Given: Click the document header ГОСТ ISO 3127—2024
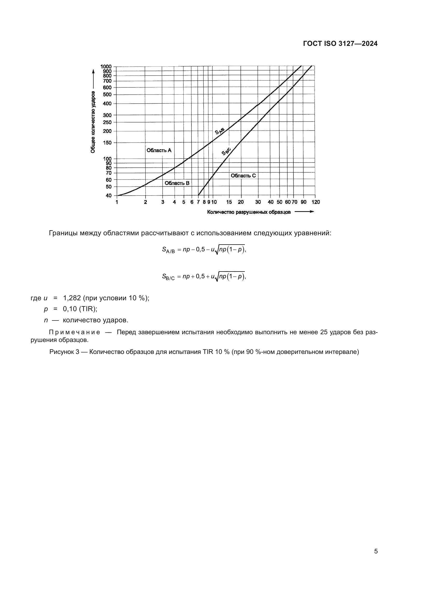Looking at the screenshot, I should (x=340, y=44).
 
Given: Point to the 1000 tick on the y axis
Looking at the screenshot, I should (x=106, y=66).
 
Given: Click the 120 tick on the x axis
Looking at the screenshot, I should (x=315, y=202).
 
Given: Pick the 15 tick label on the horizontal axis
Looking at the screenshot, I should (x=229, y=202).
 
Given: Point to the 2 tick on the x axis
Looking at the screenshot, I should (x=145, y=202).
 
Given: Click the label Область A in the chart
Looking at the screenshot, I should (x=159, y=150).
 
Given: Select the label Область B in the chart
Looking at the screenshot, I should (x=177, y=183).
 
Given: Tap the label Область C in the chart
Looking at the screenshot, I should (x=243, y=175).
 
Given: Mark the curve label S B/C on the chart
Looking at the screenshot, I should (x=226, y=152).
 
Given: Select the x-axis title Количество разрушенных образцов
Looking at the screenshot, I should (x=249, y=212).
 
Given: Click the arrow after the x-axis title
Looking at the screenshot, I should (x=304, y=212).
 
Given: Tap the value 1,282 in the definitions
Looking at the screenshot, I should (x=72, y=298).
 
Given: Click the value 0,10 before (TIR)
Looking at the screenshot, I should (x=70, y=309).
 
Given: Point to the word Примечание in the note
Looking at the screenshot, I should (x=74, y=332).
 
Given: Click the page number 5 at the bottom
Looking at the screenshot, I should (x=376, y=551).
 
